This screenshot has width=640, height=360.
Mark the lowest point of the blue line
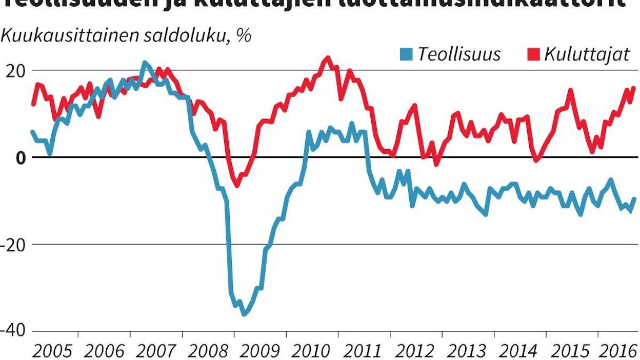click(244, 314)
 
